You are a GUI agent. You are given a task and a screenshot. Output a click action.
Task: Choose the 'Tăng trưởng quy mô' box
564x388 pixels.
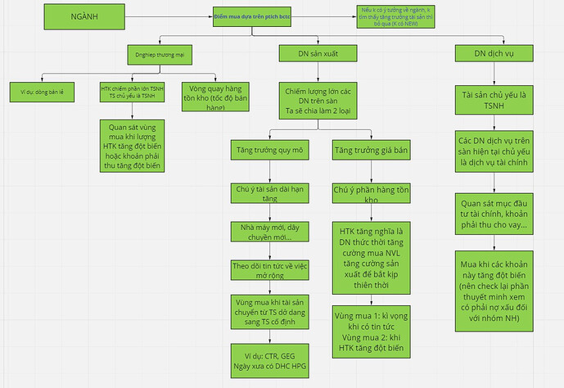point(269,151)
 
